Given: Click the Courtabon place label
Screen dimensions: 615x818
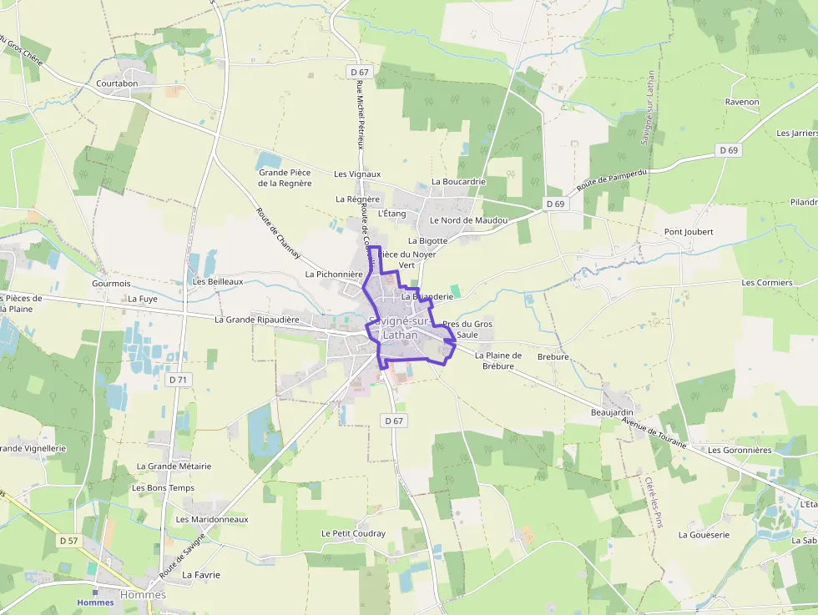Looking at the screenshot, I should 117,83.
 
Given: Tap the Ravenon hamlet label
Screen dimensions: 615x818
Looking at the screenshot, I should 742,102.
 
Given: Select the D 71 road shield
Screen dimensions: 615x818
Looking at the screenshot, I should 177,380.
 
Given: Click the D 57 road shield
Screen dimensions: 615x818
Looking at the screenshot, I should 68,541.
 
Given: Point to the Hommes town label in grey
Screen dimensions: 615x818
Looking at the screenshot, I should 143,595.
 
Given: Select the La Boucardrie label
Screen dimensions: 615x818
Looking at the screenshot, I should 458,182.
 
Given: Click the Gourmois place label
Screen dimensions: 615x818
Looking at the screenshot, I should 111,284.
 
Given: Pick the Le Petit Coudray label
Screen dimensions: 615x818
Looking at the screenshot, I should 353,533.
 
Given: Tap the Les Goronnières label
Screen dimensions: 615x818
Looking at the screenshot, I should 740,450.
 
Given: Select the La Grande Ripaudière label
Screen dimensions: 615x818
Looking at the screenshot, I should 256,320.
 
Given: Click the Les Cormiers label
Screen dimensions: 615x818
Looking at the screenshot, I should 766,283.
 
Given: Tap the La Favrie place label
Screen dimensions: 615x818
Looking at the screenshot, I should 201,575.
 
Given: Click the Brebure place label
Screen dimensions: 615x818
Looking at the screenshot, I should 553,356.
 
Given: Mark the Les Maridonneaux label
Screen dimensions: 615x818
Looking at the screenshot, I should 212,519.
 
